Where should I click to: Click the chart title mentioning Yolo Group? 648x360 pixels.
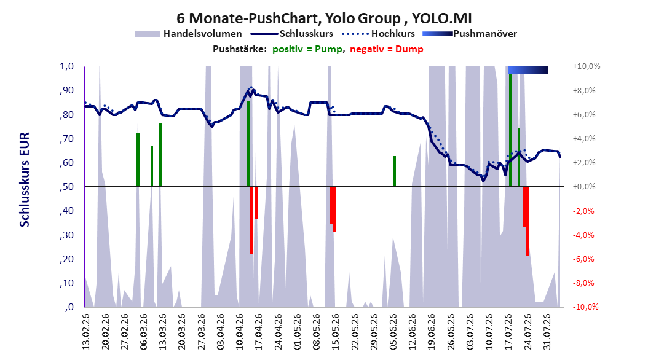pos(324,18)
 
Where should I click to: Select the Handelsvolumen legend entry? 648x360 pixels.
pos(188,34)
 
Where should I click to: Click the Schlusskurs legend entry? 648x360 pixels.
pos(292,34)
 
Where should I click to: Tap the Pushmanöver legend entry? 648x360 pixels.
pos(470,34)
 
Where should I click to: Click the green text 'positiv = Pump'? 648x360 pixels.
pos(307,49)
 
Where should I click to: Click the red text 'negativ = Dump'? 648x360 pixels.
pos(387,49)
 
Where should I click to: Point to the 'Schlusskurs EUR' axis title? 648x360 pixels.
pos(25,179)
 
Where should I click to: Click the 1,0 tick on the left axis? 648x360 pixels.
pos(66,66)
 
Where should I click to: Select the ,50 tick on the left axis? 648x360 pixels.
pos(66,187)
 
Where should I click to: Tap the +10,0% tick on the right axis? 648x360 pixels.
pos(587,66)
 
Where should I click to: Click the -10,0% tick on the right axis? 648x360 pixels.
pos(586,307)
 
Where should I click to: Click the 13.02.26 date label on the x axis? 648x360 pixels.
pos(86,332)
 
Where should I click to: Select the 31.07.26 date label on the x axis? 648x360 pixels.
pos(547,332)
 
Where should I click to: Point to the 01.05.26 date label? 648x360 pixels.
pos(298,332)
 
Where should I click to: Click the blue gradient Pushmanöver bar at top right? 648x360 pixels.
pos(528,70)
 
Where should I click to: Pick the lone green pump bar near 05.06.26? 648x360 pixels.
pos(395,171)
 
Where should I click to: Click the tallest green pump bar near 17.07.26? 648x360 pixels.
pos(511,130)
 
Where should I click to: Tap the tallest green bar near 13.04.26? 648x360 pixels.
pos(248,144)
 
